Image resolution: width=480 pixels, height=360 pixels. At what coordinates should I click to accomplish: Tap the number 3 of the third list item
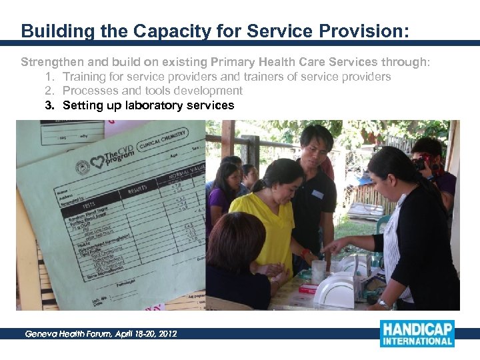(x=49, y=105)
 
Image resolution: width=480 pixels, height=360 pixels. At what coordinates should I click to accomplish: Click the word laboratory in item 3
(x=139, y=105)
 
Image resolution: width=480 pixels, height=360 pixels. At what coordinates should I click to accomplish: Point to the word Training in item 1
(x=85, y=77)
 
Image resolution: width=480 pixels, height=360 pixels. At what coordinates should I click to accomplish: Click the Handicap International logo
(x=417, y=333)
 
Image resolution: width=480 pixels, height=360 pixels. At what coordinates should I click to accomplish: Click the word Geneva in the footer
(x=42, y=333)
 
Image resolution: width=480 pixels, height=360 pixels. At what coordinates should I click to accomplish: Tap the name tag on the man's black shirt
(x=317, y=194)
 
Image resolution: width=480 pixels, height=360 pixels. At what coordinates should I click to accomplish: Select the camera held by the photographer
(x=421, y=163)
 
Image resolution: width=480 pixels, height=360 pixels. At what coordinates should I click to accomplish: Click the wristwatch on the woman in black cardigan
(x=384, y=303)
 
